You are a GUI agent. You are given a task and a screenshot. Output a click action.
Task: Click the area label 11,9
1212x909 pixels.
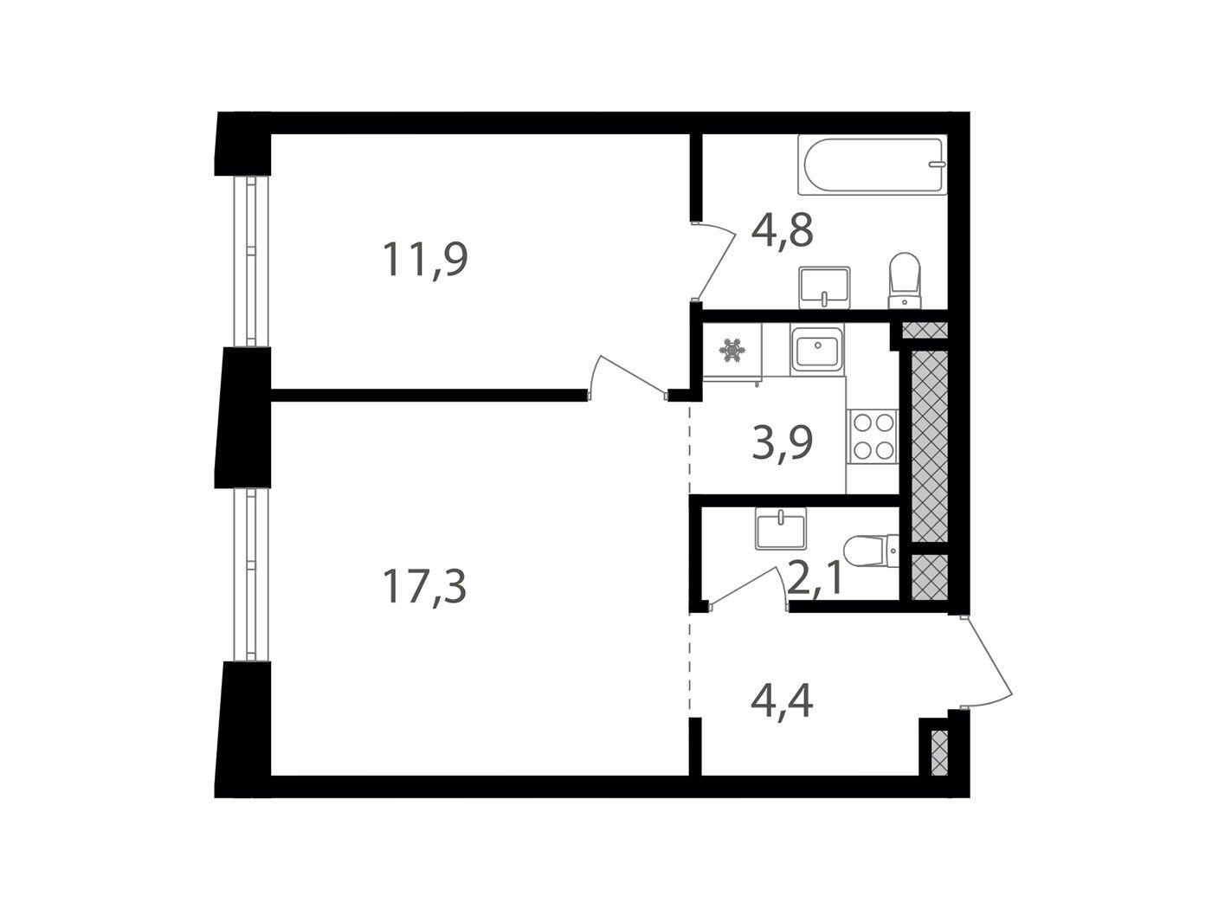tap(424, 260)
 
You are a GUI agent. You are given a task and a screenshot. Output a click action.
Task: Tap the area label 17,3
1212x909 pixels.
tap(424, 587)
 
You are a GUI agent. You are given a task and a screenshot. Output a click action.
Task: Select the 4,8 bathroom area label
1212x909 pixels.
tap(783, 231)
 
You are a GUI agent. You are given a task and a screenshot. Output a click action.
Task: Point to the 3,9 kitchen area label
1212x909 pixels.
tap(782, 442)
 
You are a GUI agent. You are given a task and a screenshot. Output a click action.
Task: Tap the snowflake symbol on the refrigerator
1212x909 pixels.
tap(732, 351)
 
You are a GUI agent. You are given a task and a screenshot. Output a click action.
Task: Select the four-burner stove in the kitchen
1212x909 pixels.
tap(873, 436)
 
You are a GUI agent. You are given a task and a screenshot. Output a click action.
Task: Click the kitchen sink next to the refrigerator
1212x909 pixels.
tap(816, 350)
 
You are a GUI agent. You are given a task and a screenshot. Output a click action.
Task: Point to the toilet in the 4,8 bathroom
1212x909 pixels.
tap(905, 280)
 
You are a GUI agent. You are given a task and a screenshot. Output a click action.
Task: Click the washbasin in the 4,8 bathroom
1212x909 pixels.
tap(824, 287)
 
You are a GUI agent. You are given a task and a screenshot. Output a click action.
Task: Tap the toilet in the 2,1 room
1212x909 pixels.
tap(871, 551)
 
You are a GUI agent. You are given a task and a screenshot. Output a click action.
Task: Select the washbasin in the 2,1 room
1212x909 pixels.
tap(781, 529)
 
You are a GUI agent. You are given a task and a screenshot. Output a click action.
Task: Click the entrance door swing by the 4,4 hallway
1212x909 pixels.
tap(987, 661)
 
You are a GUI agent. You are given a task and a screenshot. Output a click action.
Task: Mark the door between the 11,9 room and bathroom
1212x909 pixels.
tap(714, 261)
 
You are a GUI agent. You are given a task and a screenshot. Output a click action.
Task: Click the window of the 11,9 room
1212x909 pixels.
tap(251, 261)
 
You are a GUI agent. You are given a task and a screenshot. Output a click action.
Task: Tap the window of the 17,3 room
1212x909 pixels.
tap(251, 575)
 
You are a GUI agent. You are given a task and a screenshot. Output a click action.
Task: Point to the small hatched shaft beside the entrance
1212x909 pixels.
tap(939, 753)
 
